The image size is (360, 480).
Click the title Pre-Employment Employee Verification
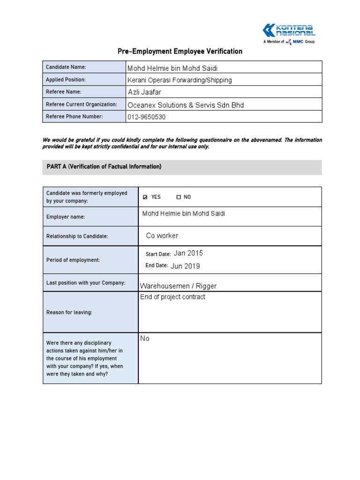click(180, 51)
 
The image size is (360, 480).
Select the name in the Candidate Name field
click(172, 68)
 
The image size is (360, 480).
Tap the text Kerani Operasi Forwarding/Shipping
click(180, 80)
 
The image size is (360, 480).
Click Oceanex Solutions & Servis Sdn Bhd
click(186, 105)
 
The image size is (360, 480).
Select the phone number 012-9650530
click(146, 117)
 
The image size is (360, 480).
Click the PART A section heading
click(104, 167)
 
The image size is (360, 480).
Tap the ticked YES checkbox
click(145, 197)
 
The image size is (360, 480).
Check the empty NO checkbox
click(179, 197)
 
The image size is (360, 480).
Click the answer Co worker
click(162, 236)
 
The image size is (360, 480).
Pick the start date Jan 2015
click(188, 253)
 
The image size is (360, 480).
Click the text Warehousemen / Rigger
click(178, 286)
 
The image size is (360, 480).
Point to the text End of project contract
click(172, 297)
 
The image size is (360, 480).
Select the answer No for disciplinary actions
click(145, 338)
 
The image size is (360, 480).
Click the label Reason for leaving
click(69, 313)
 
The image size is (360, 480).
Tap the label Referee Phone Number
click(74, 116)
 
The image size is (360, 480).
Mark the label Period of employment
click(73, 260)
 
